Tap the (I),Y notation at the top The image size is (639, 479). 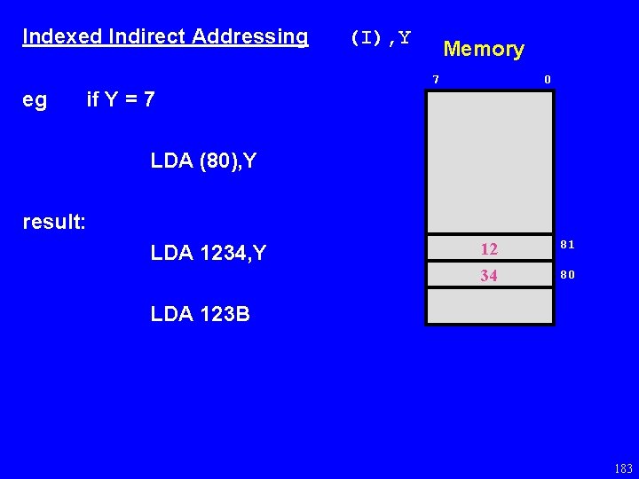pyautogui.click(x=380, y=37)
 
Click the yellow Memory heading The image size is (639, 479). pyautogui.click(x=484, y=49)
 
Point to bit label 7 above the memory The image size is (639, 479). pyautogui.click(x=436, y=80)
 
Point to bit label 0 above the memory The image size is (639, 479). pyautogui.click(x=548, y=80)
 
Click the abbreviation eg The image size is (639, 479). pyautogui.click(x=35, y=100)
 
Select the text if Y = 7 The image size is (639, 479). pyautogui.click(x=121, y=100)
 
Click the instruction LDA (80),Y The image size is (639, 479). pyautogui.click(x=203, y=161)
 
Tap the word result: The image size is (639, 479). pyautogui.click(x=54, y=222)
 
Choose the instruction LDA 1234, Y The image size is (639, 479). pyautogui.click(x=209, y=254)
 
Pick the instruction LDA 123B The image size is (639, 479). pyautogui.click(x=201, y=314)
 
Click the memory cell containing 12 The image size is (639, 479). pyautogui.click(x=489, y=247)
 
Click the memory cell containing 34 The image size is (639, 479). pyautogui.click(x=489, y=276)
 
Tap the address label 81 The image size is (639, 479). pyautogui.click(x=568, y=244)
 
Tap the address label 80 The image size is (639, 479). pyautogui.click(x=568, y=274)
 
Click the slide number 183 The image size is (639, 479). pyautogui.click(x=622, y=468)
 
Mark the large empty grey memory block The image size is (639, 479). pyautogui.click(x=490, y=161)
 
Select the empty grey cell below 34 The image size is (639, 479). pyautogui.click(x=490, y=307)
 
